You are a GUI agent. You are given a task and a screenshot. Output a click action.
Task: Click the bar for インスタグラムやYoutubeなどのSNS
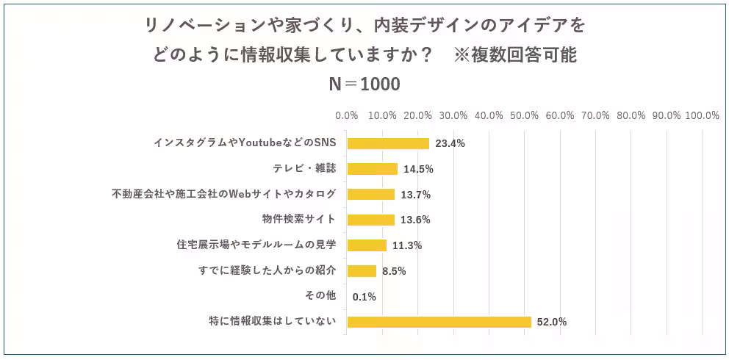point(388,143)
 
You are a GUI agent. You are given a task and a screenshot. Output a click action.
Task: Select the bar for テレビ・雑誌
point(372,169)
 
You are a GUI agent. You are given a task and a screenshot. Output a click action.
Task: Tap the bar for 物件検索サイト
point(370,220)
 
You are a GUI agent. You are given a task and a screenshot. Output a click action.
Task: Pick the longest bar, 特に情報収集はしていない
point(439,322)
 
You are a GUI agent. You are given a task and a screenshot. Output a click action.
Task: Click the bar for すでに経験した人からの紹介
point(362,271)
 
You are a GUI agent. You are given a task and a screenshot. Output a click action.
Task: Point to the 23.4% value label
point(450,143)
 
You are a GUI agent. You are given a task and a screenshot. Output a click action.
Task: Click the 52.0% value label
point(552,322)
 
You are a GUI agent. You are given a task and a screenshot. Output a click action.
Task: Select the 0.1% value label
point(364,297)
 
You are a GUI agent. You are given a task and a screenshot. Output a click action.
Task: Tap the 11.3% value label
point(407,245)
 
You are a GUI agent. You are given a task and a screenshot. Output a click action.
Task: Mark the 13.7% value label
point(415,195)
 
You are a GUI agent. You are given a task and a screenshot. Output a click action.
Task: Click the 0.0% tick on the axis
point(347,115)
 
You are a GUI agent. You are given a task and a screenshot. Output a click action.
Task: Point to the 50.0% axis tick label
point(525,115)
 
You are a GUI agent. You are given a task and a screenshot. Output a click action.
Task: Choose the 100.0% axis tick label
point(702,115)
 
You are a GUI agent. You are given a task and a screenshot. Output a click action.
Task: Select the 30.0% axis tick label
point(453,115)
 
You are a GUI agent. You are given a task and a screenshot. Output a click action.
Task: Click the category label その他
point(320,296)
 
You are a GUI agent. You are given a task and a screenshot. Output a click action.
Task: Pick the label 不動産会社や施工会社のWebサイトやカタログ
point(224,194)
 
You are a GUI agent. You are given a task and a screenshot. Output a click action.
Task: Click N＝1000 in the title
point(364,84)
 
